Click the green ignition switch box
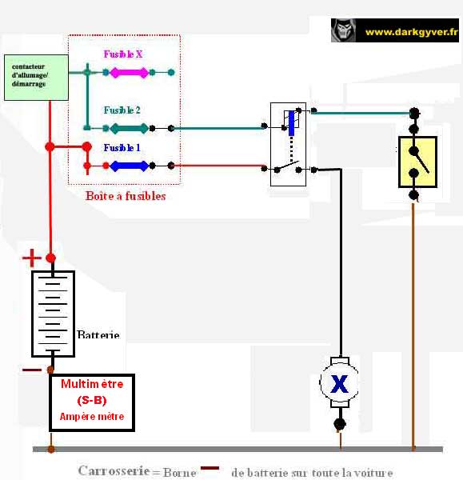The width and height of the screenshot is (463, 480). point(36,78)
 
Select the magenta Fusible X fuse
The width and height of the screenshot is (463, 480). point(129,73)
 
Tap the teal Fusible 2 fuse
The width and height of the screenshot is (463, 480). point(129,128)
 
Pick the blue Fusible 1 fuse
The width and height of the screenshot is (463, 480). point(129,166)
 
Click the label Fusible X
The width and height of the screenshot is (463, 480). point(123,54)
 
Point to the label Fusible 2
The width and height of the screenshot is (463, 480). point(122,110)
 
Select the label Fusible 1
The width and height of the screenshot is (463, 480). point(122,148)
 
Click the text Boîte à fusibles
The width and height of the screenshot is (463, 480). point(126,196)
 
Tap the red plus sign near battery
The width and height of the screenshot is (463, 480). point(31,258)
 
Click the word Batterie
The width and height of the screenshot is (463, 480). point(98,334)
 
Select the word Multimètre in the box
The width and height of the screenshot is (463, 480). point(92,384)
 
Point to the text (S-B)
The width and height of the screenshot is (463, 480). point(92,400)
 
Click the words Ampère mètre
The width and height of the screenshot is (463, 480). point(92,416)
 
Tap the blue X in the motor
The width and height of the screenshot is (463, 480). point(339,384)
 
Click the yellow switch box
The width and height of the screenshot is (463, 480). point(417,162)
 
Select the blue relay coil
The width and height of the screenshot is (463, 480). point(292,123)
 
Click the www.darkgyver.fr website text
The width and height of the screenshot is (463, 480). point(411,32)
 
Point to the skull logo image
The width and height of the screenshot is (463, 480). point(344,30)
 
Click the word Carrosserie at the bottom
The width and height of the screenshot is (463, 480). point(114,471)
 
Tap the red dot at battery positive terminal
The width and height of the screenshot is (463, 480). point(51,258)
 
